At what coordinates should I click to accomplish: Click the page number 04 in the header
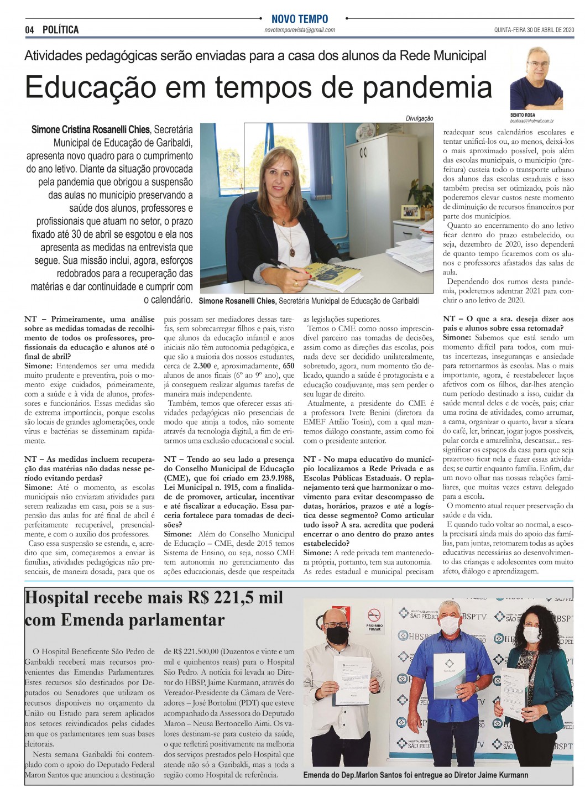(29, 30)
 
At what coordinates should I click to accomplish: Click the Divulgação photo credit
(420, 118)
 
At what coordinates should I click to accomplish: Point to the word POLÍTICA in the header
(60, 30)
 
